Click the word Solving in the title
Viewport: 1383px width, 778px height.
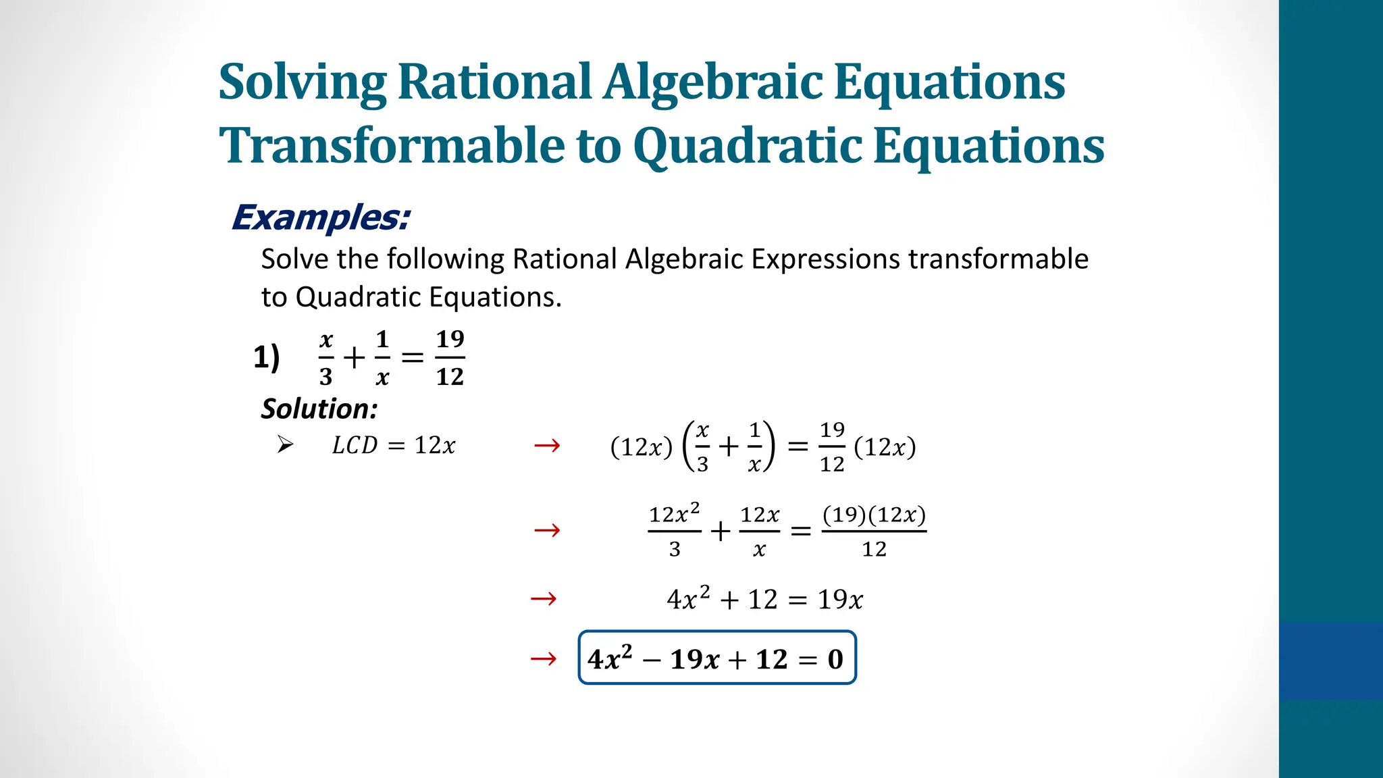pyautogui.click(x=302, y=82)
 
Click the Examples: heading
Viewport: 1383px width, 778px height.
pyautogui.click(x=321, y=218)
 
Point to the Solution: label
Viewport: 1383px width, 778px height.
pyautogui.click(x=319, y=409)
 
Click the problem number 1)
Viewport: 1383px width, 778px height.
pyautogui.click(x=266, y=357)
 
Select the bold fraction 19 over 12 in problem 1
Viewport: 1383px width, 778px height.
pyautogui.click(x=450, y=358)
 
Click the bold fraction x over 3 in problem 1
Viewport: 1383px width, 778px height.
pyautogui.click(x=326, y=358)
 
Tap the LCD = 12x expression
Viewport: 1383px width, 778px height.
pyautogui.click(x=394, y=446)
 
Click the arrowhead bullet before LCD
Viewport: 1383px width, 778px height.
pyautogui.click(x=285, y=444)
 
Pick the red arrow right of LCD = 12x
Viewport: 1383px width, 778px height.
pyautogui.click(x=546, y=446)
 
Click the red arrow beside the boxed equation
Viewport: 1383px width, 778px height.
pyautogui.click(x=544, y=658)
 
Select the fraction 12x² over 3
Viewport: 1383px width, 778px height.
pyautogui.click(x=674, y=531)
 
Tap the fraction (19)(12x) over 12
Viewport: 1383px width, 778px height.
pyautogui.click(x=874, y=531)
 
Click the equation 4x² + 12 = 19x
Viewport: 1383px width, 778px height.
pyautogui.click(x=764, y=599)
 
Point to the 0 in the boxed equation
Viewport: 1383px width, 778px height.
pyautogui.click(x=835, y=659)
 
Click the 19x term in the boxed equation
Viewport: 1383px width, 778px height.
pyautogui.click(x=694, y=660)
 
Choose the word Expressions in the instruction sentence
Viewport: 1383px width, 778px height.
pyautogui.click(x=825, y=259)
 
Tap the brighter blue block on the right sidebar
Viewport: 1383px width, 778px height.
pyautogui.click(x=1330, y=661)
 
